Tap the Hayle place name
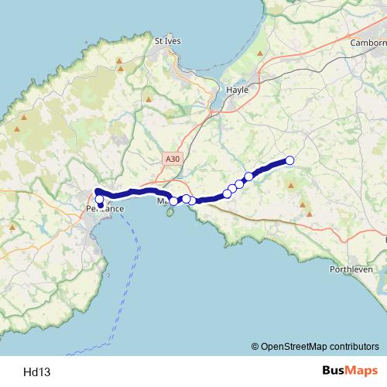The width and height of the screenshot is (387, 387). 236,90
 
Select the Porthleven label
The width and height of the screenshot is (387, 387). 351,269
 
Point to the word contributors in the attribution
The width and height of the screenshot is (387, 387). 353,346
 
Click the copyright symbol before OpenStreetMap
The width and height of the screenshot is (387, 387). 255,346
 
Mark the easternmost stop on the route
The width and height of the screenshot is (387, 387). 290,160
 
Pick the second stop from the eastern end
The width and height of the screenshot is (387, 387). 249,176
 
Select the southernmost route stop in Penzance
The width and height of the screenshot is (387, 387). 100,205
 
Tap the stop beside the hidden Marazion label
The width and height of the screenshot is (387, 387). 173,200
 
